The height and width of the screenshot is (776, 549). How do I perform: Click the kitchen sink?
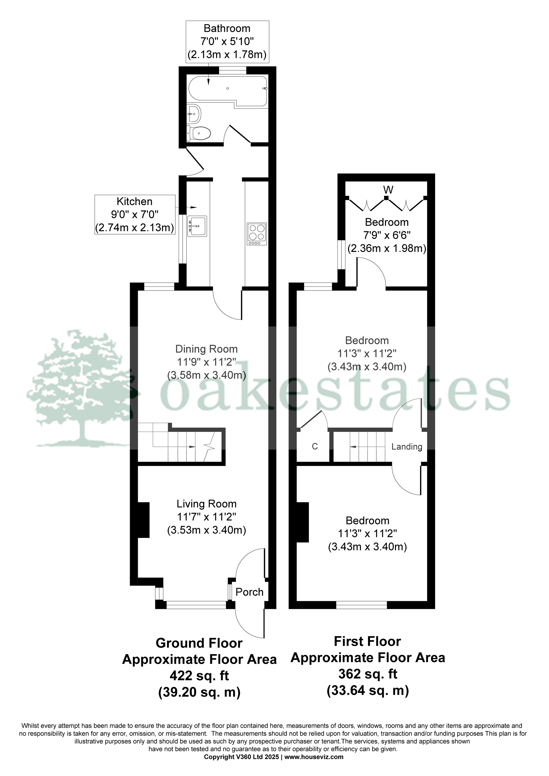point(197,226)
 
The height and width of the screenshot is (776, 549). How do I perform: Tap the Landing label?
point(407,447)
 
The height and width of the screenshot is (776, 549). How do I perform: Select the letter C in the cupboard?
point(315,446)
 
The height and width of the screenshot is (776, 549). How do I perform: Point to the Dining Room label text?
point(206,349)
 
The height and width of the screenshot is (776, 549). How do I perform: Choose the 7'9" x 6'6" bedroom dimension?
point(387,235)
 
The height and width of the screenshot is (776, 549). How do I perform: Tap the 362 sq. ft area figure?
point(368,674)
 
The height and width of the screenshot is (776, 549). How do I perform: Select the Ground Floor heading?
point(199,643)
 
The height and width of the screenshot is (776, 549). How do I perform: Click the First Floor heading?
point(368,641)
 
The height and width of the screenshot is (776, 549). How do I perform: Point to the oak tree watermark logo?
point(81,389)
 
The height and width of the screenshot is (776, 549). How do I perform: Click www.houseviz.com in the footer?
point(314,757)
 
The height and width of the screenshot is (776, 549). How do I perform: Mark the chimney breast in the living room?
point(143,520)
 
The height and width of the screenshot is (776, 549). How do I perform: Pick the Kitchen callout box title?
point(134,201)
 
